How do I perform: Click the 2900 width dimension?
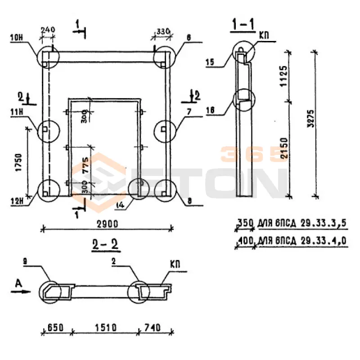click(x=106, y=224)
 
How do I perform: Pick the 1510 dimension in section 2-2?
click(x=106, y=327)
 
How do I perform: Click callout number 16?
click(x=210, y=109)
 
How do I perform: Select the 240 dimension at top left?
click(x=48, y=30)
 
